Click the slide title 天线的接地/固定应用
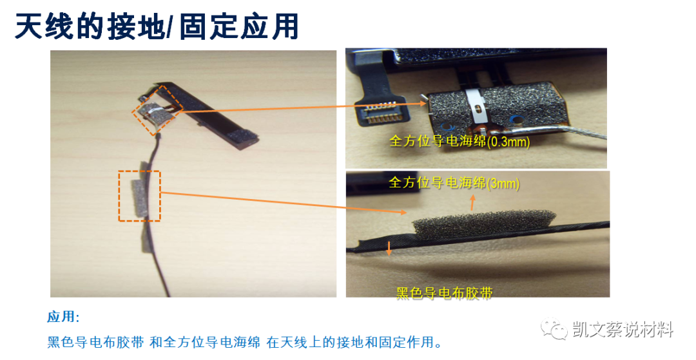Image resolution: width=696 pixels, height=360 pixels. (157, 28)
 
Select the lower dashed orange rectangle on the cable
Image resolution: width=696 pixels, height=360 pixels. (139, 196)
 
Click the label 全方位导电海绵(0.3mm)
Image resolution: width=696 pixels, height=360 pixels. (459, 141)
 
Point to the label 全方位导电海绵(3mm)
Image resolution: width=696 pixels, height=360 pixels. (454, 184)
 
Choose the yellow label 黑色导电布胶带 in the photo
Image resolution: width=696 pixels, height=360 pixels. (445, 294)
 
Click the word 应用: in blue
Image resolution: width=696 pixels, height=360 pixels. (63, 317)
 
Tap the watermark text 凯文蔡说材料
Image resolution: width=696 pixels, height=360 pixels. (623, 330)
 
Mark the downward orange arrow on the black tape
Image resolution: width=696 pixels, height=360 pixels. (389, 248)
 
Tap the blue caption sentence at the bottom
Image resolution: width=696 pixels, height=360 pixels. (245, 342)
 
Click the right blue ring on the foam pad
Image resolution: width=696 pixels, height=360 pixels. (516, 118)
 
